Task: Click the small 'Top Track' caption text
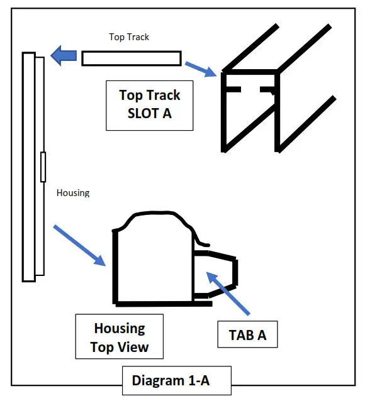tap(129, 37)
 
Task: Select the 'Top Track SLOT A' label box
tap(149, 105)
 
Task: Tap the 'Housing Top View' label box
tap(119, 338)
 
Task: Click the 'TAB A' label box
tap(247, 335)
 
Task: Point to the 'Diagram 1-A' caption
tap(176, 380)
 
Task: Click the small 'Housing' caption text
tap(73, 193)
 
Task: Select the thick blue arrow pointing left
tap(64, 56)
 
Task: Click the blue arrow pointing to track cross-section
tap(202, 68)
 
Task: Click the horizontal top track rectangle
tap(132, 58)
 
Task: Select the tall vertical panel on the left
tap(29, 167)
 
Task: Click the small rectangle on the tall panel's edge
tap(43, 167)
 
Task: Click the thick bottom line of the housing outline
tap(164, 304)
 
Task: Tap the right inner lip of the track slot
tap(269, 89)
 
